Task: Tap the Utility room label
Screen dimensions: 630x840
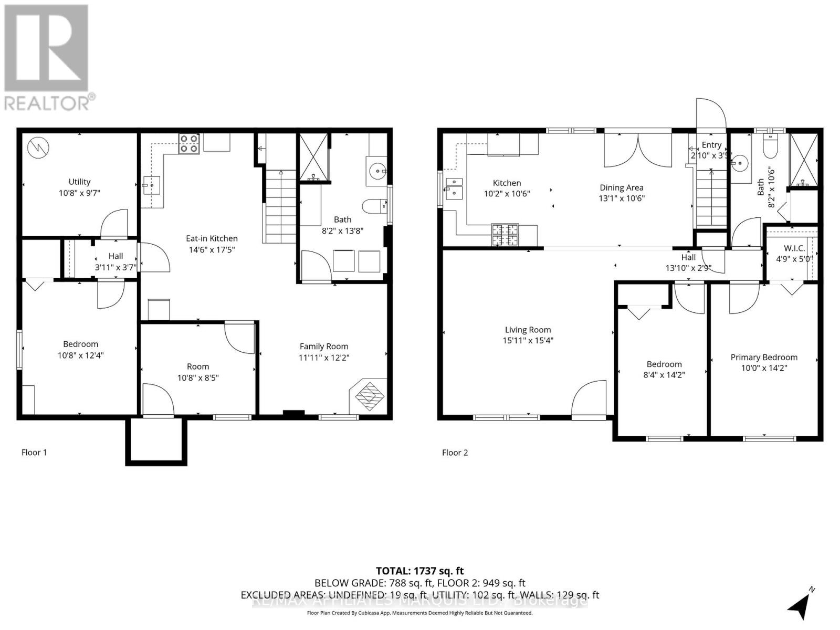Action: coord(79,182)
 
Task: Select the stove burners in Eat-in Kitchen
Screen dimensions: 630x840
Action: coord(189,143)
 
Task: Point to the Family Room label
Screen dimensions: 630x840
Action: coord(324,346)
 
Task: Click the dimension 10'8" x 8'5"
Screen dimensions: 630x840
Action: coord(197,377)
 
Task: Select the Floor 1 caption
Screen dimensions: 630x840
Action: coord(34,452)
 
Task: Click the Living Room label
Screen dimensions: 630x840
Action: coord(528,330)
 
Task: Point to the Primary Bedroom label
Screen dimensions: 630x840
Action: coord(764,357)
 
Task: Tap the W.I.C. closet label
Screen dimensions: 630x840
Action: coord(794,248)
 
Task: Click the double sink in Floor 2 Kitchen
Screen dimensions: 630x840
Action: coord(454,188)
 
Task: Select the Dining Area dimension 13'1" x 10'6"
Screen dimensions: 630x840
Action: coord(621,198)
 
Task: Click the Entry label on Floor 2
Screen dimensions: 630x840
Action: coord(711,145)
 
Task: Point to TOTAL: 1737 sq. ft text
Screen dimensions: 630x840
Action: coord(419,571)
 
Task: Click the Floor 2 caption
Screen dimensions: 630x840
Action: coord(455,452)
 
